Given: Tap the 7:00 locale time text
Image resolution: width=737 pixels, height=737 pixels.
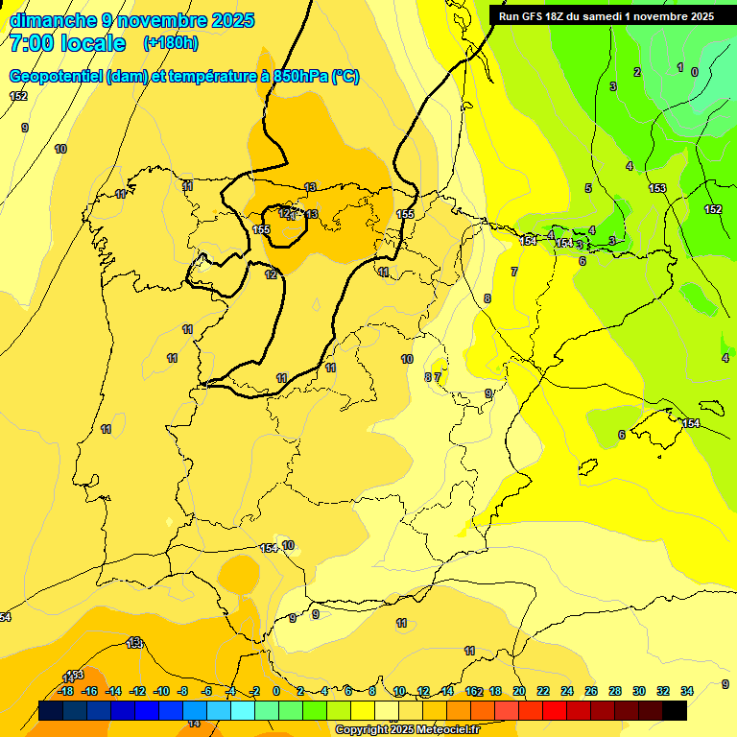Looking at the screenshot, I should (67, 43).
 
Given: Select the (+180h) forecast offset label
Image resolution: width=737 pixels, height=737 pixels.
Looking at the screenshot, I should (171, 43).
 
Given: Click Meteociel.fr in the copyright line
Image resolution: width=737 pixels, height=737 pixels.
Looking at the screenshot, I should (441, 730).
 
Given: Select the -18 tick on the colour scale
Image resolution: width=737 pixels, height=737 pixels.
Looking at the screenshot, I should (65, 691).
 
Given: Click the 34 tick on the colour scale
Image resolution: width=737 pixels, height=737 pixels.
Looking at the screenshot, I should (687, 691).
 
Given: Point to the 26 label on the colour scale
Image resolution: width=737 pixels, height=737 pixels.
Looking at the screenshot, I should (591, 691).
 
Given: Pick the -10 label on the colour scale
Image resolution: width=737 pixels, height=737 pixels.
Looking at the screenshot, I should (161, 691).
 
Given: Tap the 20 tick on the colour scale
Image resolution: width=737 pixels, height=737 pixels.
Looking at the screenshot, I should (519, 691).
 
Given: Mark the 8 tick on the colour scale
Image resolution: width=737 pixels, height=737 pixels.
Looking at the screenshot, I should (371, 691).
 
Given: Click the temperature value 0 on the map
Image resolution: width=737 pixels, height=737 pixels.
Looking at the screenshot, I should (695, 72).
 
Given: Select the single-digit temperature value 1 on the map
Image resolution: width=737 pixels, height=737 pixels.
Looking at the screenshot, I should (679, 67).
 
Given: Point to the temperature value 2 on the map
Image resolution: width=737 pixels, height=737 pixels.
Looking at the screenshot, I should (636, 72).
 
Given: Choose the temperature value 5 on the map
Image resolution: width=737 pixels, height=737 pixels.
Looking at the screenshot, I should (588, 188).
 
